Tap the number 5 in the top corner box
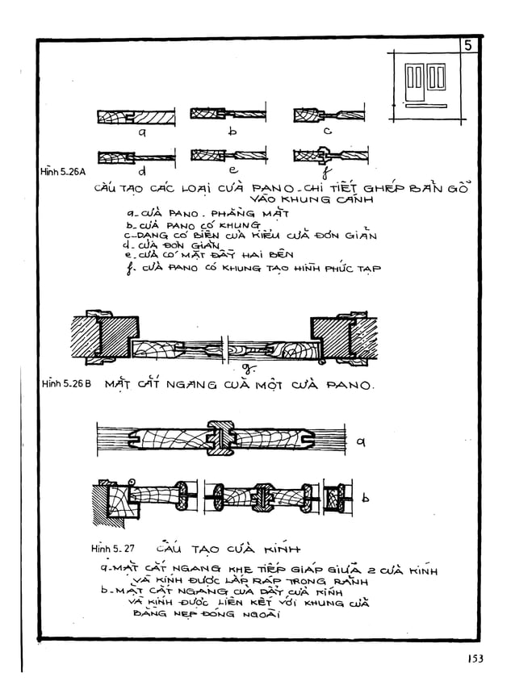[468, 46]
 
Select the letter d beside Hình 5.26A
[142, 170]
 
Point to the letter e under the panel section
[232, 169]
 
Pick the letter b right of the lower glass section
[366, 499]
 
